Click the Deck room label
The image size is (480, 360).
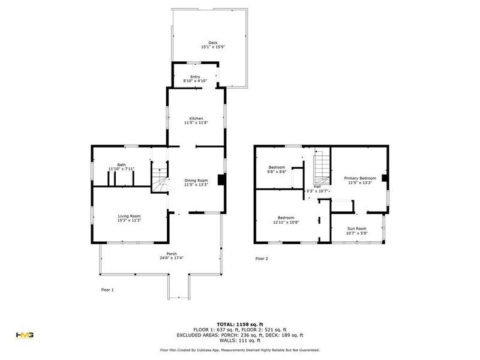click(213, 43)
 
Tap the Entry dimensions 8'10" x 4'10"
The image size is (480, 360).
click(196, 81)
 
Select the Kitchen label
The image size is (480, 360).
click(196, 118)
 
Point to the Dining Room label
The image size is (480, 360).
click(196, 181)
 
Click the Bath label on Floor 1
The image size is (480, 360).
click(122, 164)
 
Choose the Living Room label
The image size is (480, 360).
click(129, 216)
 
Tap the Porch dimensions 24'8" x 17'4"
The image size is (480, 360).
click(172, 258)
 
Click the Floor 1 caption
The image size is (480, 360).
click(107, 290)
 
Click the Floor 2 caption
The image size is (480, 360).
click(262, 259)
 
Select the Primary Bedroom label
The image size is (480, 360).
click(360, 178)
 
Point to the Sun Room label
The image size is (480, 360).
click(357, 229)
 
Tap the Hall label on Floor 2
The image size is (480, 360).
click(317, 187)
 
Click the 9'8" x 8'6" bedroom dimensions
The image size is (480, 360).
click(277, 172)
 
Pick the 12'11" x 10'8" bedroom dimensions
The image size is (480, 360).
click(286, 222)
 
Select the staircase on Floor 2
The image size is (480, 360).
click(322, 167)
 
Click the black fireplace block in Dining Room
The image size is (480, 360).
click(221, 179)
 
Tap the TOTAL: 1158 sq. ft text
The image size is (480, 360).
click(240, 325)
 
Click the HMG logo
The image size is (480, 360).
click(25, 335)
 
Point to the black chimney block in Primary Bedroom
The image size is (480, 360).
click(385, 178)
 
